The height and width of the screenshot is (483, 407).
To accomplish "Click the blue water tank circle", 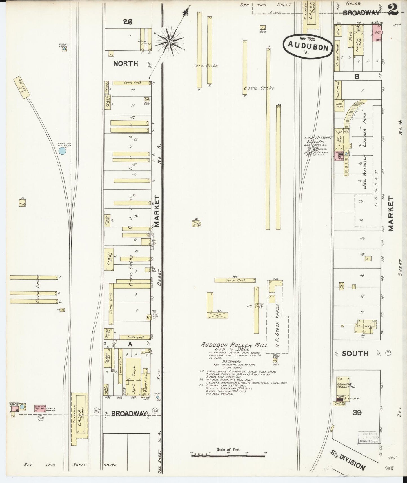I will click(62, 151).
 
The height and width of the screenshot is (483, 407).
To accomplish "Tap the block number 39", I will click(357, 413).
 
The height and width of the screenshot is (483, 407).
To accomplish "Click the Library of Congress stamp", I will click(368, 438).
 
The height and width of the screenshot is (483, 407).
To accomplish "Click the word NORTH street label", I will click(126, 64).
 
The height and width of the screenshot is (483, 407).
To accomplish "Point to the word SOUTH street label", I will click(355, 353).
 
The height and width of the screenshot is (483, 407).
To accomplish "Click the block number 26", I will click(128, 22).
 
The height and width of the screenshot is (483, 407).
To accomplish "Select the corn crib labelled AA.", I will click(235, 280).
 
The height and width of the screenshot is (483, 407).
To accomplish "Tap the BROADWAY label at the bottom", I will click(129, 413).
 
